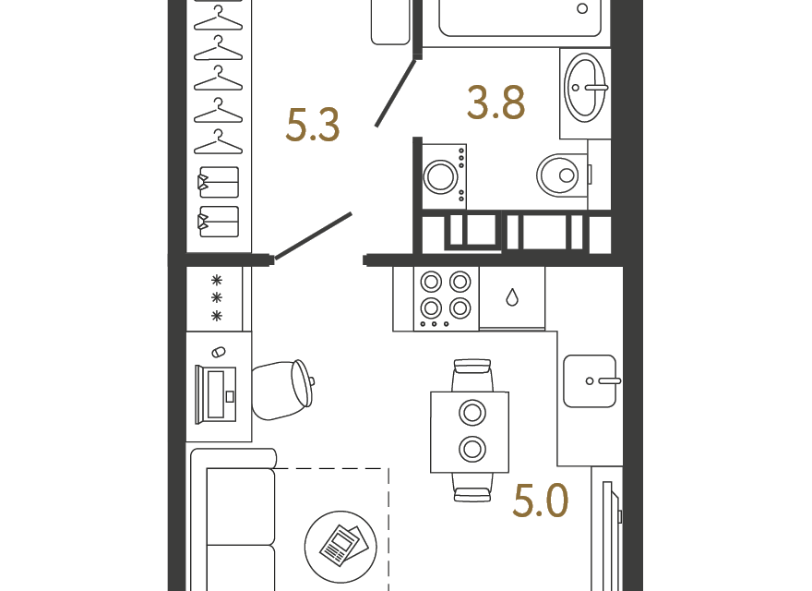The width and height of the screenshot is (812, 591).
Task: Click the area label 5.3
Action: (313, 126)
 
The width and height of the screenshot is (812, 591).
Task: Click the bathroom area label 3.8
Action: (496, 103)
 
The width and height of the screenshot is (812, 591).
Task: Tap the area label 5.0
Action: (540, 501)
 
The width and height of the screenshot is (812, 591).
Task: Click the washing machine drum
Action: (441, 176)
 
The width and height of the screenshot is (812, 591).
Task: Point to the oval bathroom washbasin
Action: (585, 88)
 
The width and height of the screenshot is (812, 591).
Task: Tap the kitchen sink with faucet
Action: (590, 381)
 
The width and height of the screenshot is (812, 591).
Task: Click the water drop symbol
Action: (512, 297)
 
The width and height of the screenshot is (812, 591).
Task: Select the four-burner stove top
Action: (446, 298)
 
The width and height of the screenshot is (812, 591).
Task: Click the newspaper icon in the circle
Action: (340, 547)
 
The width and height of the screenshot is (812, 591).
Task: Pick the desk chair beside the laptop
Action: (282, 390)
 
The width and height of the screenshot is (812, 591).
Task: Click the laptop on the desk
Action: (216, 394)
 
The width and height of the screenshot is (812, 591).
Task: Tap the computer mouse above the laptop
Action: (219, 352)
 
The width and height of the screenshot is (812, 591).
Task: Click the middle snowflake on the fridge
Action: (217, 298)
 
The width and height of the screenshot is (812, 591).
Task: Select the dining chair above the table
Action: (472, 375)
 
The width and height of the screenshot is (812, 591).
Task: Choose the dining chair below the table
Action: (472, 488)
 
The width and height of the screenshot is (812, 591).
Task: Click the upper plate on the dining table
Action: (472, 413)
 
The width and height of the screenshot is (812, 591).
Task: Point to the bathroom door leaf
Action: (395, 93)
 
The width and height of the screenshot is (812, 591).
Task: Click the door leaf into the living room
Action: (314, 235)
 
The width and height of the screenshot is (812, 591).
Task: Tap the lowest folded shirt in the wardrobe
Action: (219, 222)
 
